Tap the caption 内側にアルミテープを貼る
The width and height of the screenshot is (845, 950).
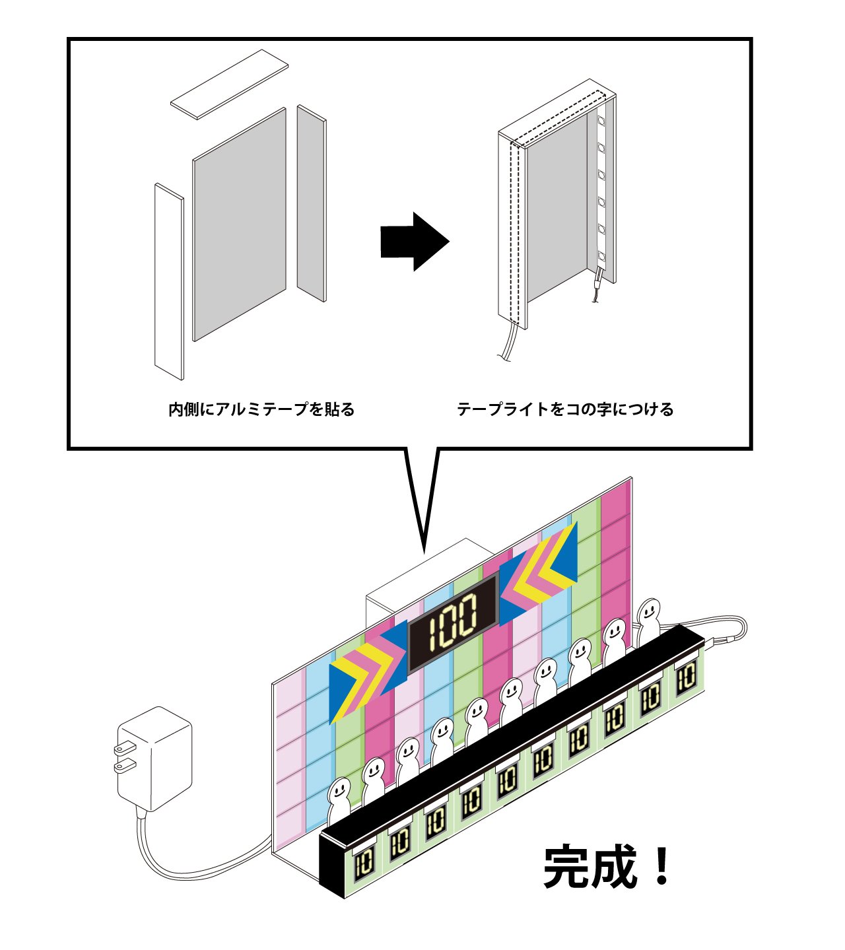coord(261,409)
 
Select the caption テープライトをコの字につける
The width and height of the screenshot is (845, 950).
coord(565,409)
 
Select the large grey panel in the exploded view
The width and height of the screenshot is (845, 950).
coord(239,224)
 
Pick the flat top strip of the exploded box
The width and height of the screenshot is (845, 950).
coord(229,84)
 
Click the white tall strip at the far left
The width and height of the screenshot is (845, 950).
coord(169,281)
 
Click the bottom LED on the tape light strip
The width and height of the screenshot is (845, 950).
coord(601,256)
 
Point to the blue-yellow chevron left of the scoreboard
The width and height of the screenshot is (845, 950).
coord(368,672)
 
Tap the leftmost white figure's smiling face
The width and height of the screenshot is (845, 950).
coord(339,792)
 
